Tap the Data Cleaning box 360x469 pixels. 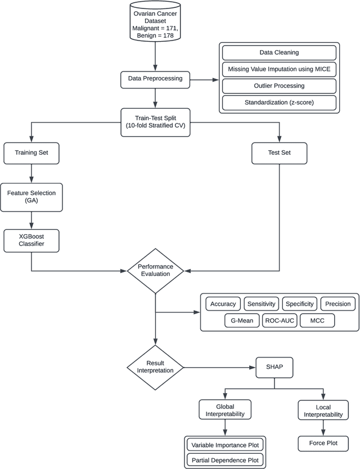279,52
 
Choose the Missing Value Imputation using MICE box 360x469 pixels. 279,69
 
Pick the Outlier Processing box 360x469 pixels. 279,86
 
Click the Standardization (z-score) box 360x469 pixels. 279,102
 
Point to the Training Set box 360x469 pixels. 31,152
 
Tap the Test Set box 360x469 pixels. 279,152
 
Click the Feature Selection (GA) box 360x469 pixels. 31,196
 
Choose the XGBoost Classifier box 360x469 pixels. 31,240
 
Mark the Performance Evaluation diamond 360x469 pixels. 155,271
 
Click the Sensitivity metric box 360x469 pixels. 261,304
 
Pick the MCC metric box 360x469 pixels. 317,320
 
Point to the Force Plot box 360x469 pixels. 323,443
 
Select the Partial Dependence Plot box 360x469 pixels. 225,460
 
